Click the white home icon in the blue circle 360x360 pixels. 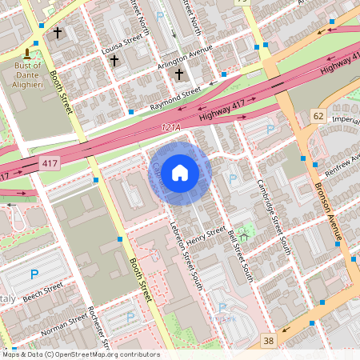click(180, 172)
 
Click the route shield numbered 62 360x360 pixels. click(318, 117)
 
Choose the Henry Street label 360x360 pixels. click(206, 238)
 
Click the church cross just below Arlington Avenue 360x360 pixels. click(179, 74)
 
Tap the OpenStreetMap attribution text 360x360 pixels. click(80, 354)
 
